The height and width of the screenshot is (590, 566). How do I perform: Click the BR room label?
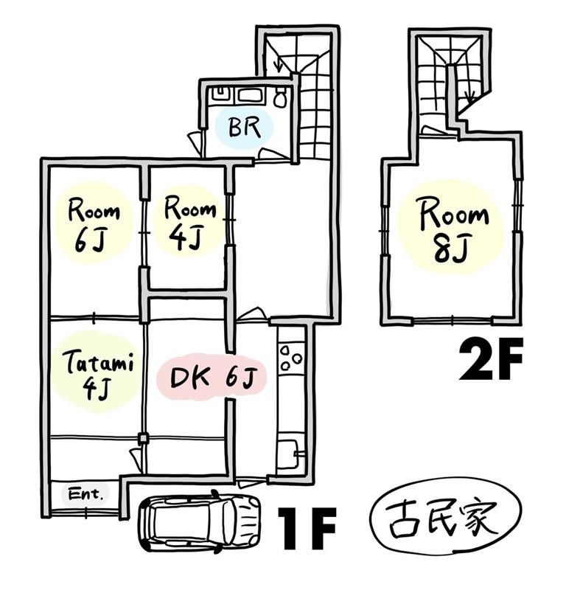245,127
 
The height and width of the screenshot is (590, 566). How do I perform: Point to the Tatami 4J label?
99,375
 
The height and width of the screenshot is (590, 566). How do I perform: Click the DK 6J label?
213,378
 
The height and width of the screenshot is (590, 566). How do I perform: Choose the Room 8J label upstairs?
453,232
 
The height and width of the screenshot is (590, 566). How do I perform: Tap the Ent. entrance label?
85,493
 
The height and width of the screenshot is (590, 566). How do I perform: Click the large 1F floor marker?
306,528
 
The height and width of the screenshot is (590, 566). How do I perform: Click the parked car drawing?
199,521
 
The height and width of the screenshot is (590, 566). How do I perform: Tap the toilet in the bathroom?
280,97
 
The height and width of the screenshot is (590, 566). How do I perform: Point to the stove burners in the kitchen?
291,357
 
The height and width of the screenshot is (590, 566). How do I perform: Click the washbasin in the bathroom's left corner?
220,94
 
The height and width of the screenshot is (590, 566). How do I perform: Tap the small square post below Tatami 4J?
142,438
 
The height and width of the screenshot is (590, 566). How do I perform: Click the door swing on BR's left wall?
195,142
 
